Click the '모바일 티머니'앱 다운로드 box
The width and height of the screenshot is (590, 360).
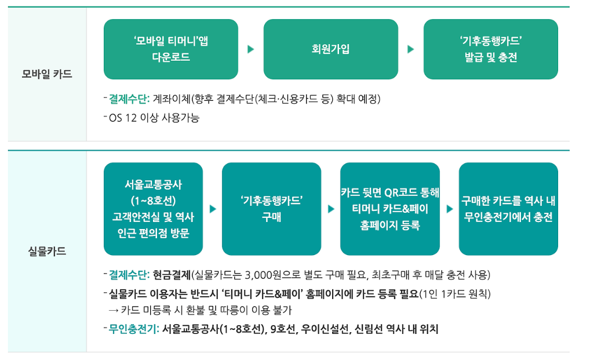171,49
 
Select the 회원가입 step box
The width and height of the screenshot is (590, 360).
330,49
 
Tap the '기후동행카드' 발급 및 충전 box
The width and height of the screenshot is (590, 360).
490,49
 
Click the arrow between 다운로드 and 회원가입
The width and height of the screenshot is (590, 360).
251,49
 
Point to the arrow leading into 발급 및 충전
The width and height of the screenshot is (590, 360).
411,49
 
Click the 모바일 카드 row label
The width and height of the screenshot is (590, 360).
47,74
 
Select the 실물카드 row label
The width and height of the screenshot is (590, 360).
47,252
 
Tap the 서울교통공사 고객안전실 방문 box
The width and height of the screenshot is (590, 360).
153,209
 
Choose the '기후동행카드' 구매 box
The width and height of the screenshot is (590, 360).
271,209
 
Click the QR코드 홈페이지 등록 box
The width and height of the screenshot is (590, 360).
389,209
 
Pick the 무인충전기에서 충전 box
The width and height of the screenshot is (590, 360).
508,209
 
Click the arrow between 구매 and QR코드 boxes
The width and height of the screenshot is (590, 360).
331,209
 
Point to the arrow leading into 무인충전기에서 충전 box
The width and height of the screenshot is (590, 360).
450,209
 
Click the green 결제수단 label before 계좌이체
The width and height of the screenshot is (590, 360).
129,99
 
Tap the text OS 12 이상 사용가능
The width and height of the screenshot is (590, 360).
154,118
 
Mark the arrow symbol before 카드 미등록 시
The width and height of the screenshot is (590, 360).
113,311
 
